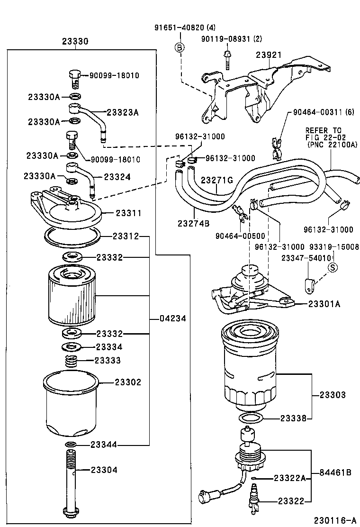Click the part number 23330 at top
click(75, 42)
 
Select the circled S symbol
click(333, 267)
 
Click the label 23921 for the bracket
click(269, 55)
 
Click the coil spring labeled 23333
click(71, 361)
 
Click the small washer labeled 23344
click(71, 445)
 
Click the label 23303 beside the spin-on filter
click(333, 395)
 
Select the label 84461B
click(335, 472)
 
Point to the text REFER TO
click(323, 130)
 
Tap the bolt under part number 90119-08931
click(228, 59)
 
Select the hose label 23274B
click(193, 223)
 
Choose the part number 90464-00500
click(240, 236)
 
